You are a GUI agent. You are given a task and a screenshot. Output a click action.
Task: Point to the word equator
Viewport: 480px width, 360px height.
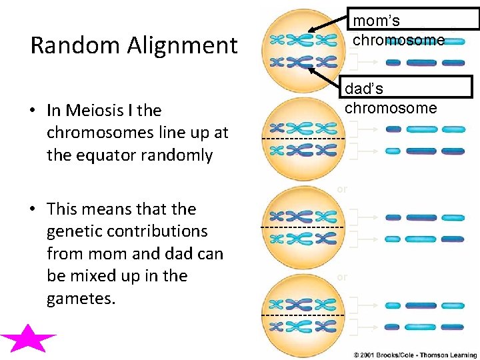coord(117,156)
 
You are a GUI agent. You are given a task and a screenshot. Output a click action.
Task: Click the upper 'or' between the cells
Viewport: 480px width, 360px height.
coord(342,189)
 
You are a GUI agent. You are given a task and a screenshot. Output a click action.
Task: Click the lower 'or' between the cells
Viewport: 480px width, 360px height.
coord(342,276)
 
